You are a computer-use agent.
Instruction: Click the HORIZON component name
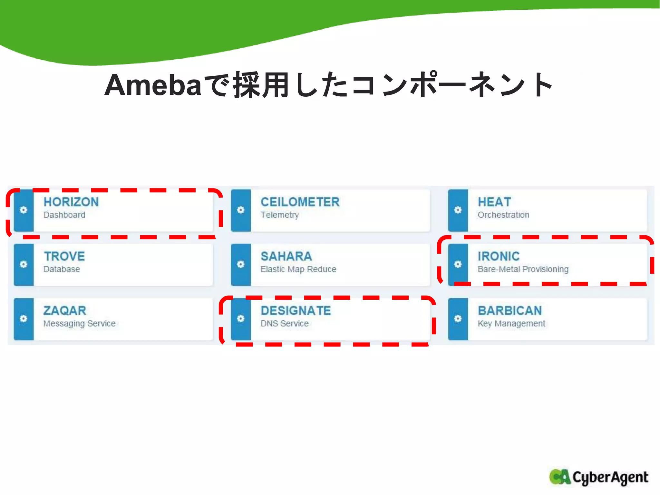[x=71, y=202]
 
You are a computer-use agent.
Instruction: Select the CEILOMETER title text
[x=300, y=202]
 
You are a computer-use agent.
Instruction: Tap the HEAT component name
[x=494, y=202]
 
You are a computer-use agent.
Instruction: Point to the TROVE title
[x=64, y=257]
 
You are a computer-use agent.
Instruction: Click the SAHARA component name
[x=286, y=257]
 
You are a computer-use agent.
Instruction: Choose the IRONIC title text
[x=499, y=257]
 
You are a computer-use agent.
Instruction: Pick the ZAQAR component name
[x=65, y=311]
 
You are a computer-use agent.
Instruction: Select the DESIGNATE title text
[x=296, y=311]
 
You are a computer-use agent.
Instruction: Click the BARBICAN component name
[x=510, y=311]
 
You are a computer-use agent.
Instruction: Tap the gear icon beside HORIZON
[x=24, y=210]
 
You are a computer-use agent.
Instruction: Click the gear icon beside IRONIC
[x=458, y=264]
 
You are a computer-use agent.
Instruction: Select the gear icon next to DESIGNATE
[x=241, y=319]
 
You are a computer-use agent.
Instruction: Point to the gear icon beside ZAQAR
[x=24, y=319]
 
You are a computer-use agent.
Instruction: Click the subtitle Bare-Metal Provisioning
[x=523, y=269]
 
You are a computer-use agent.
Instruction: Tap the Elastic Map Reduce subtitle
[x=298, y=269]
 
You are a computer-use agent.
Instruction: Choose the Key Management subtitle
[x=511, y=323]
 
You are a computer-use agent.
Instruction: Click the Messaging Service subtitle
[x=79, y=323]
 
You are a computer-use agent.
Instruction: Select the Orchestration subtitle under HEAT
[x=503, y=215]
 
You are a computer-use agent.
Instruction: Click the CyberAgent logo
[x=598, y=477]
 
